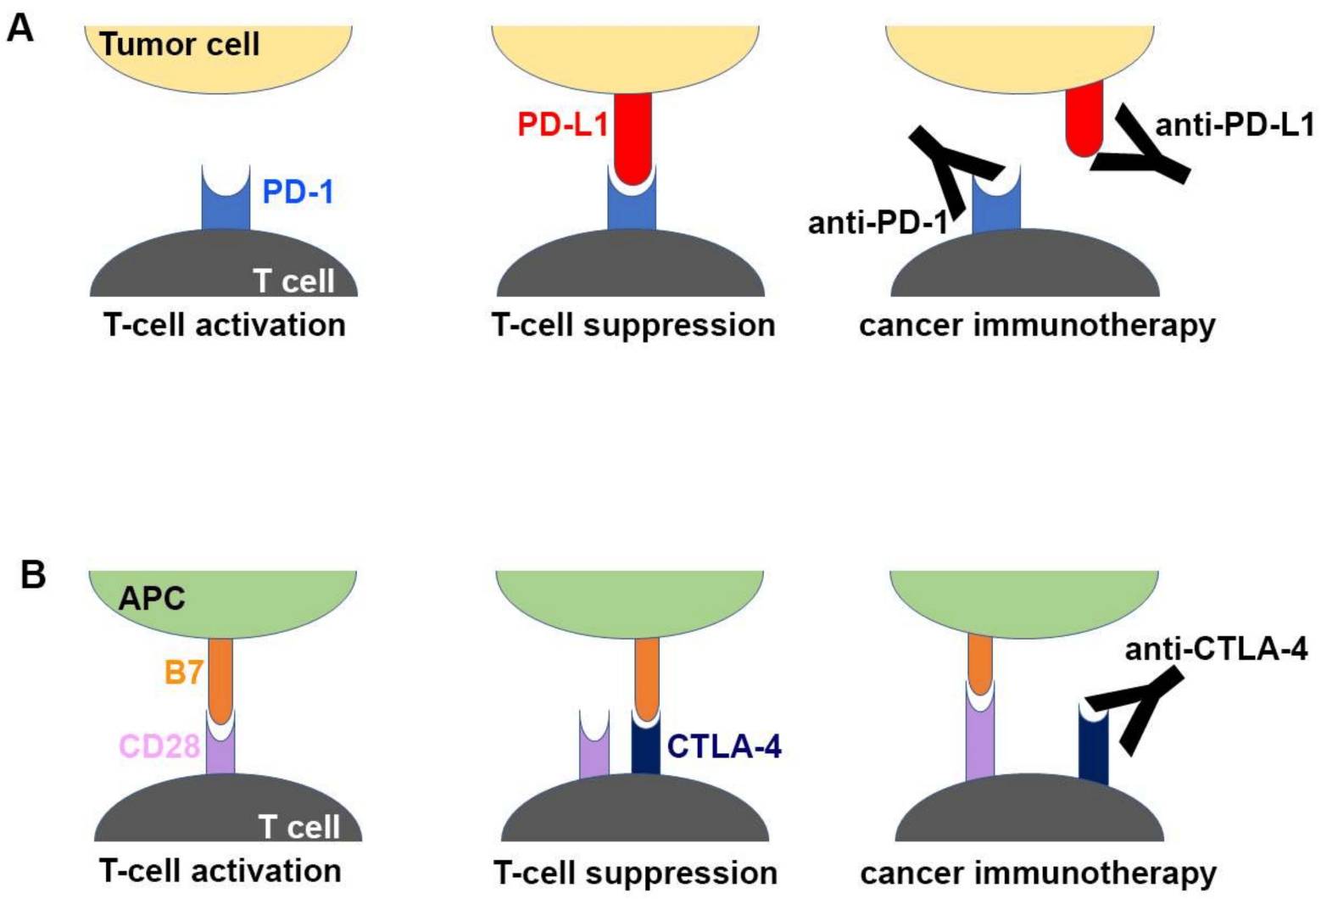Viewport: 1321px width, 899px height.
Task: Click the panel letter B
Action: [x=32, y=575]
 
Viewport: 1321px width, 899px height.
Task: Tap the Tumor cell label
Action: [x=180, y=44]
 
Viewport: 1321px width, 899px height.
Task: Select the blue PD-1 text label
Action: [x=298, y=192]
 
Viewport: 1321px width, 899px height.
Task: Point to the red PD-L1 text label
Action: [x=563, y=126]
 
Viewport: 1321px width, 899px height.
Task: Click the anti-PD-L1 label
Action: [x=1234, y=126]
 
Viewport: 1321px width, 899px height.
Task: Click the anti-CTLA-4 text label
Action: [x=1216, y=649]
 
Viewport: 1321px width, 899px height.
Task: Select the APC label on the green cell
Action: [x=151, y=599]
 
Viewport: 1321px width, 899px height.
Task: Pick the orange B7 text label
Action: [x=184, y=673]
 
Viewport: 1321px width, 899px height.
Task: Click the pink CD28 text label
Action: [x=159, y=746]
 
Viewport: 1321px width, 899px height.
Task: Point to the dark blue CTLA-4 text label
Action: [x=724, y=746]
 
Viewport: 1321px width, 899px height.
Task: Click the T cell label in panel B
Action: [x=298, y=826]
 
